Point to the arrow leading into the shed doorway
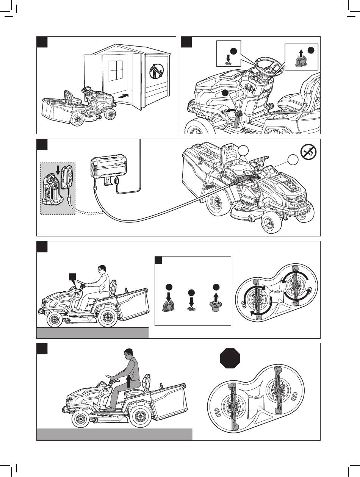pos(124,97)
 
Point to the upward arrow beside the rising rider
pos(130,380)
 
